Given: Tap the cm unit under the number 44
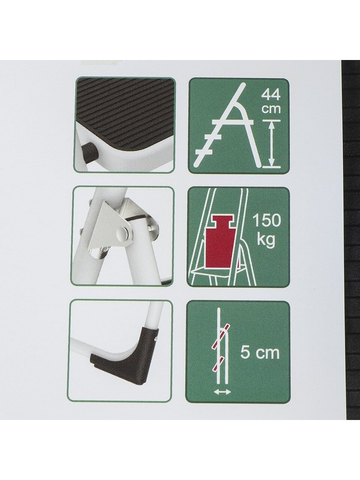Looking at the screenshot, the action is pos(271,109).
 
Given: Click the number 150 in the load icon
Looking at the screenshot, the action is pos(267,221).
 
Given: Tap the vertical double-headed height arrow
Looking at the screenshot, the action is pos(271,143).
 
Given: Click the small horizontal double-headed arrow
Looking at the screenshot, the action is pos(222,387).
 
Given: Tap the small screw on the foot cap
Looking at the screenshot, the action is pos(155,339).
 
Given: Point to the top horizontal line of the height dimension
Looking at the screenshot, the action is pos(271,120).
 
